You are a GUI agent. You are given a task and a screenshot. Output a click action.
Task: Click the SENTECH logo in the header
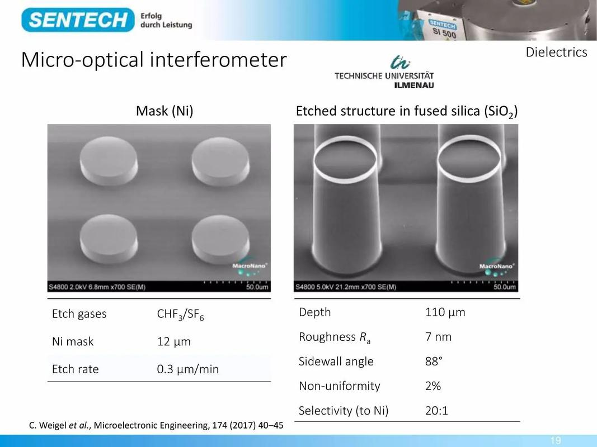[x=78, y=20]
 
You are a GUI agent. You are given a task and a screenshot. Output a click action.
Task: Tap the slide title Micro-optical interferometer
[x=154, y=60]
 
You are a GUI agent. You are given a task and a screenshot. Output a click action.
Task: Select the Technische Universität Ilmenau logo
[x=384, y=72]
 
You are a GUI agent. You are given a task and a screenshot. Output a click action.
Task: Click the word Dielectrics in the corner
[x=556, y=52]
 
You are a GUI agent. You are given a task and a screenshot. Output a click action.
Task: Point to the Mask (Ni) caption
[x=164, y=111]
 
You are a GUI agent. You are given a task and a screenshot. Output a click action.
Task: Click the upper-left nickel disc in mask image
[x=109, y=161]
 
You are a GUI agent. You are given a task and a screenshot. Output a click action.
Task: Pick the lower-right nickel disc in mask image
[x=221, y=240]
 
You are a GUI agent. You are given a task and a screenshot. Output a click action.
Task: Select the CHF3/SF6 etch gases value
[x=181, y=315]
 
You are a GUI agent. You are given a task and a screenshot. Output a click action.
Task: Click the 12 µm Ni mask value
[x=173, y=341]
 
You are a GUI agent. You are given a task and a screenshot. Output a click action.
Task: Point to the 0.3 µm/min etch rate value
[x=187, y=369]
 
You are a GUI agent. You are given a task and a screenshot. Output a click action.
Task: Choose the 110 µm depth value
[x=445, y=312]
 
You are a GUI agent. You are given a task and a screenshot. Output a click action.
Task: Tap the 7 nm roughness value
[x=438, y=337]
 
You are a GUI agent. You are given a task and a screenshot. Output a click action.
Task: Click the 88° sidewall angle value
[x=434, y=361]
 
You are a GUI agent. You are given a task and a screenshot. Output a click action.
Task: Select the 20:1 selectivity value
[x=436, y=411]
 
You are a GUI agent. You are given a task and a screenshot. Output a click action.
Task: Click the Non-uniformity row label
[x=340, y=386]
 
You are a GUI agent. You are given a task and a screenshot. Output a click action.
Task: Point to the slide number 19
[x=556, y=440]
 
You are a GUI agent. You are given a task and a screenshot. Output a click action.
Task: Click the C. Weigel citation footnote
[x=156, y=425]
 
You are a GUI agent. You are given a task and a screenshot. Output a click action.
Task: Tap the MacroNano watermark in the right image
[x=496, y=269]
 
